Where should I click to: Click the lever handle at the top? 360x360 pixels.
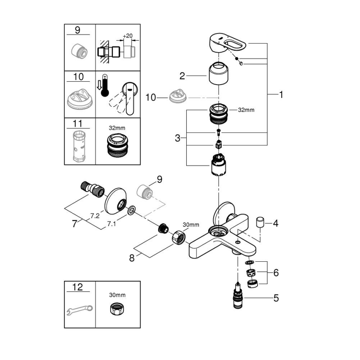(x=226, y=45)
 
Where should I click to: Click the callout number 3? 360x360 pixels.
(x=178, y=138)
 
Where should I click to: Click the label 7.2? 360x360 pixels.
(x=95, y=215)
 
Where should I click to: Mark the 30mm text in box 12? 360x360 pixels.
(x=117, y=295)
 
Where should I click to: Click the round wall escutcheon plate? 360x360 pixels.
(x=116, y=203)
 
